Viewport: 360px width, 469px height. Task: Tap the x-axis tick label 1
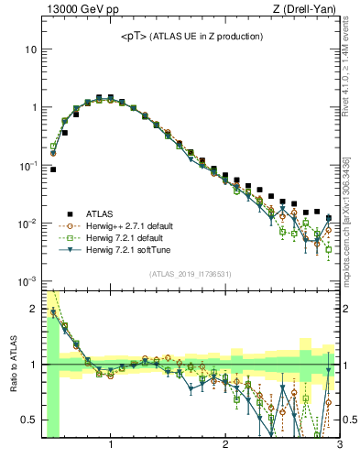coord(111,445)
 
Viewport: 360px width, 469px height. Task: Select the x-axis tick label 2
coord(225,445)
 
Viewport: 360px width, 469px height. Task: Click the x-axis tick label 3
coord(339,445)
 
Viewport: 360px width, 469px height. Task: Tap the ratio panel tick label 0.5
coord(27,420)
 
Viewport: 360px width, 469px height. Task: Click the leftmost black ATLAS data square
coord(53,169)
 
